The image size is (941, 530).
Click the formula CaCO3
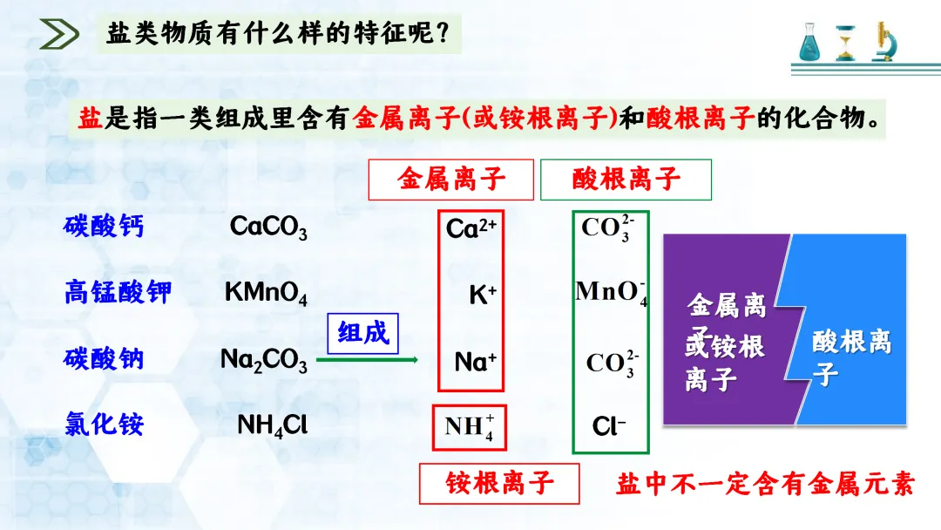click(268, 228)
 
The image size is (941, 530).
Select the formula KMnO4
click(266, 293)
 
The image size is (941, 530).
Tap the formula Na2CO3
click(263, 360)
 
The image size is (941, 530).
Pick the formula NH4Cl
click(272, 425)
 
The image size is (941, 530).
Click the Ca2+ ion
click(470, 228)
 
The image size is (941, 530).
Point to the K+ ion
click(482, 295)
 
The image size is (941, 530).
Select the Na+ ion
click(475, 361)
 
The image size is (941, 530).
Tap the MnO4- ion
click(611, 292)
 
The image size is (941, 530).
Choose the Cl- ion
click(609, 426)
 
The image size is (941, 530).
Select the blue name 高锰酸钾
click(118, 292)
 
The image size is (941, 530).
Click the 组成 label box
click(362, 333)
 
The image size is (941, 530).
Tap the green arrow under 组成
click(367, 359)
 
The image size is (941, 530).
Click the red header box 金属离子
click(450, 180)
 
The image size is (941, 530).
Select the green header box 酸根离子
click(626, 180)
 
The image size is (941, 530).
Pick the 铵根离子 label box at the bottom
click(499, 483)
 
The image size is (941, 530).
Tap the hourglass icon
click(845, 42)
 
